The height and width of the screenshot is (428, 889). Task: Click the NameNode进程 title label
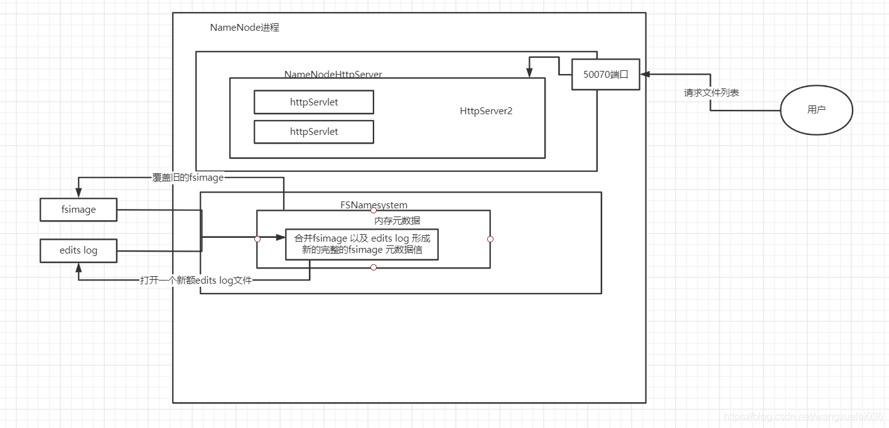(x=244, y=28)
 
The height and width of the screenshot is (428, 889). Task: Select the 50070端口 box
(x=605, y=75)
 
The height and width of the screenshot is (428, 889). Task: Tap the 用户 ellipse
(x=816, y=110)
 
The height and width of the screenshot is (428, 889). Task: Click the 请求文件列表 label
(x=711, y=93)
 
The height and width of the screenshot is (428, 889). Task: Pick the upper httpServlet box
(x=314, y=102)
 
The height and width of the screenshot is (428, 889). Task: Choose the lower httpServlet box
(x=314, y=132)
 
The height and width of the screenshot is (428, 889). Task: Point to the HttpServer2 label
(x=486, y=111)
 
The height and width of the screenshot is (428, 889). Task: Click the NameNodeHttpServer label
(x=333, y=74)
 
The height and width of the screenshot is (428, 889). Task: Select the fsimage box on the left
(x=78, y=210)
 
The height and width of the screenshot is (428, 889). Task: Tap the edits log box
(x=78, y=250)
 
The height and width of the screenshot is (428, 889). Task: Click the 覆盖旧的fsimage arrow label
(x=188, y=178)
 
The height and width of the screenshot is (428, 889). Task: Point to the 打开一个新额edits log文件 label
(x=195, y=281)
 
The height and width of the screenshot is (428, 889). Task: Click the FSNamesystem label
(x=374, y=205)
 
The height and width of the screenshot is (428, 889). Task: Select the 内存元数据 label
(x=397, y=220)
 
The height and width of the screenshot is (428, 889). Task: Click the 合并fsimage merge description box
(x=362, y=244)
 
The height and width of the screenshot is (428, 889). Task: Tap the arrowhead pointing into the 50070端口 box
(x=644, y=75)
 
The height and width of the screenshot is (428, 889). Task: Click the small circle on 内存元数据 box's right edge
(x=490, y=239)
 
